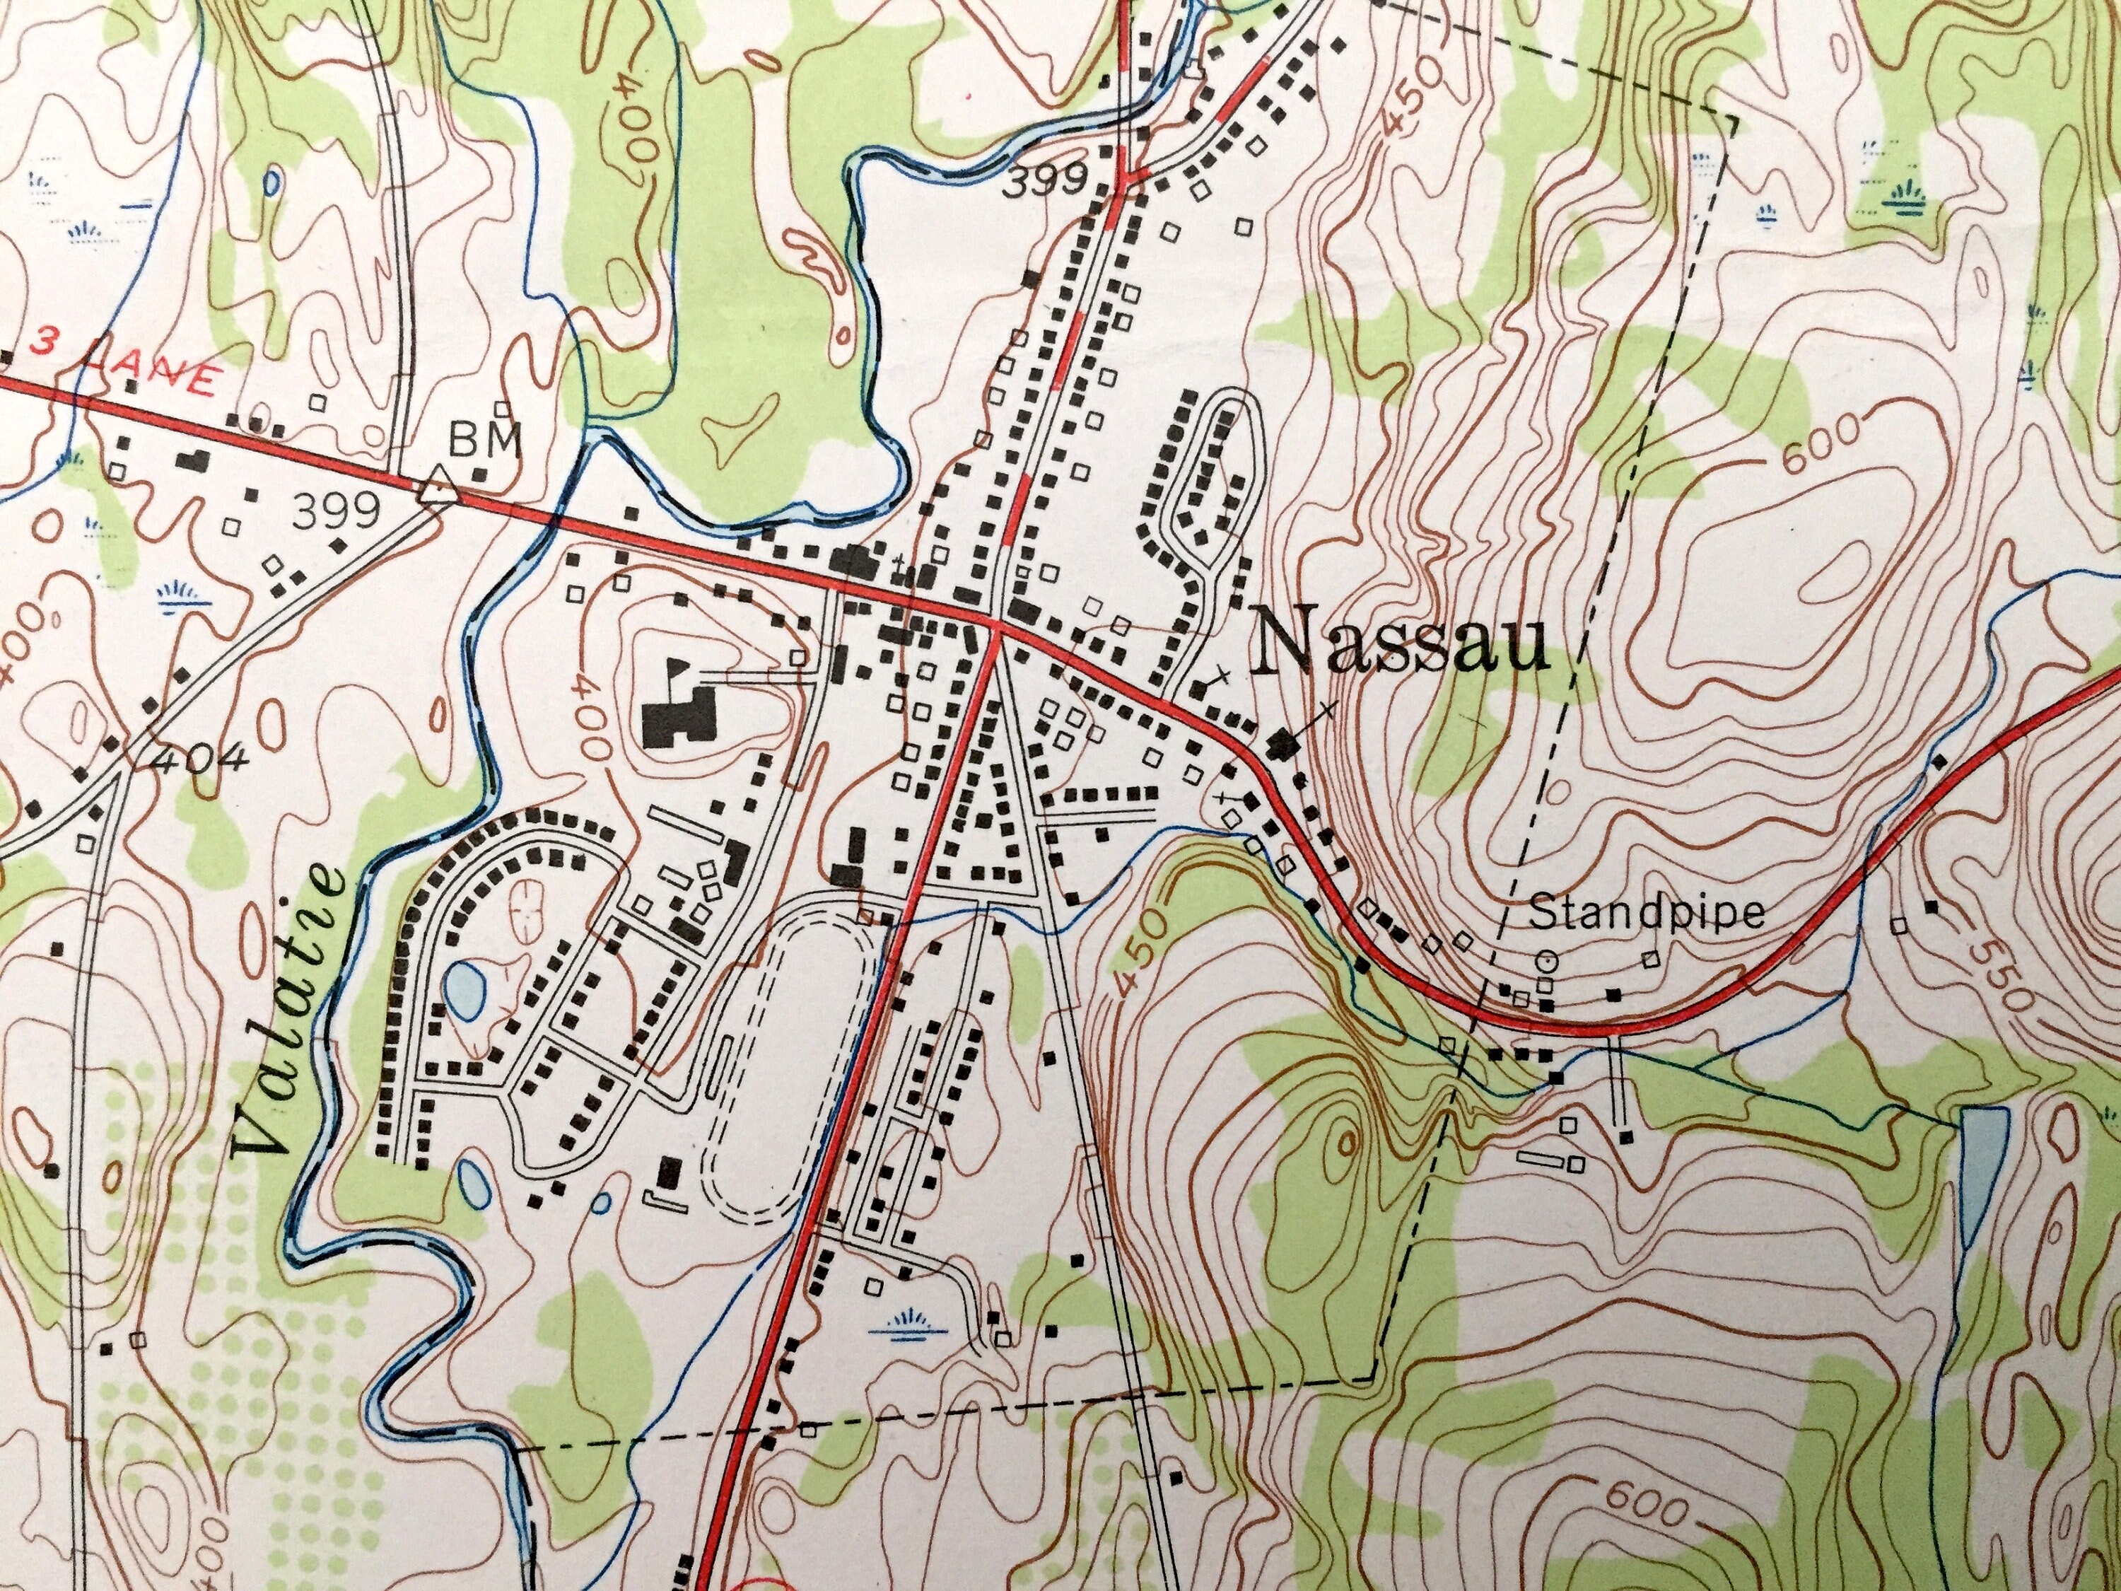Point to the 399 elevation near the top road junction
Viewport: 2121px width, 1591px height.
point(1045,181)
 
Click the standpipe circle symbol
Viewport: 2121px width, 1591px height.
point(1545,959)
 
